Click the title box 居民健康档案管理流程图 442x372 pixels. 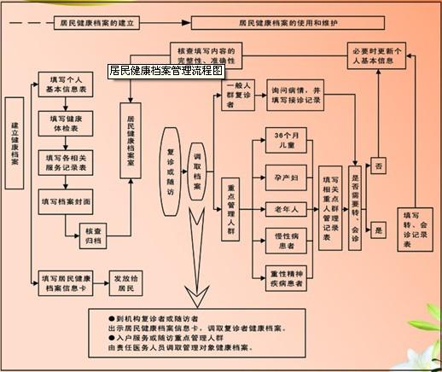[x=166, y=72]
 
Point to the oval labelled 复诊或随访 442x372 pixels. [x=170, y=163]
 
